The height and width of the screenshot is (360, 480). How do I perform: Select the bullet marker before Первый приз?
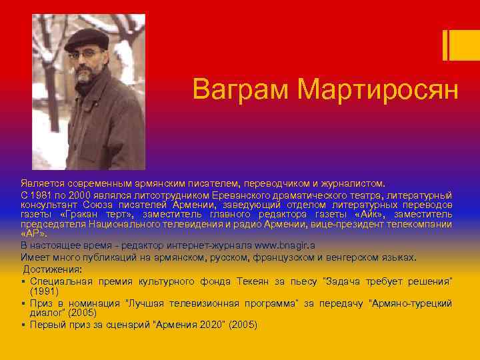click(x=23, y=325)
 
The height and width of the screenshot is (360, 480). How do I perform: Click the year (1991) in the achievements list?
click(x=43, y=291)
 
